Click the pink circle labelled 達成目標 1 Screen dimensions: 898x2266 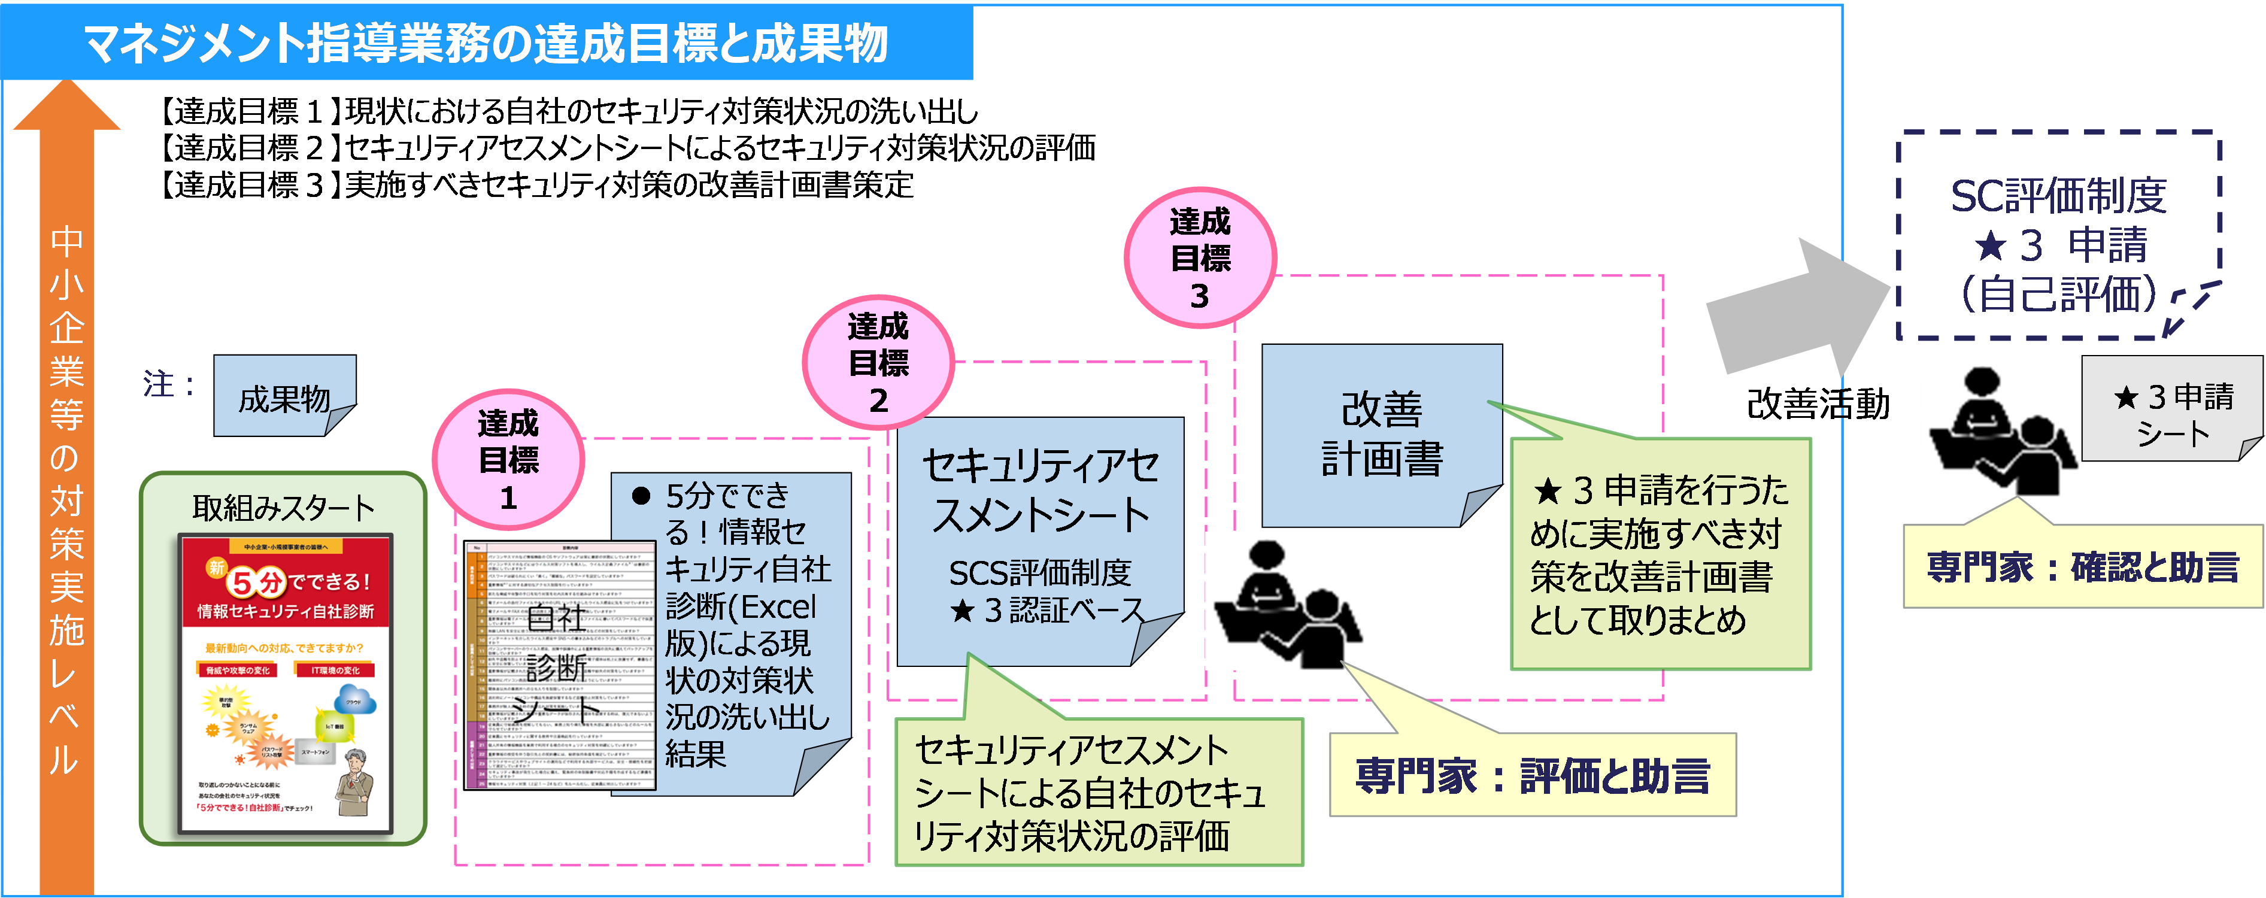click(x=508, y=460)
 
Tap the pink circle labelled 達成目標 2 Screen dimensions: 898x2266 click(x=878, y=362)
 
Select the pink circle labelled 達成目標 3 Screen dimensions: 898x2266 click(x=1200, y=257)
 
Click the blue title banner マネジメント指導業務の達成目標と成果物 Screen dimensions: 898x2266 click(x=486, y=43)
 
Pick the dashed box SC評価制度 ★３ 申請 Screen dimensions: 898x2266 click(x=2058, y=238)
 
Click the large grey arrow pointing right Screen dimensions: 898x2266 click(x=1794, y=308)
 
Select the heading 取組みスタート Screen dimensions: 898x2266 click(x=283, y=508)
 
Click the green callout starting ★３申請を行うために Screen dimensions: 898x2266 click(x=1660, y=554)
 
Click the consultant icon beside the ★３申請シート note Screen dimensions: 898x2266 click(x=2000, y=428)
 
